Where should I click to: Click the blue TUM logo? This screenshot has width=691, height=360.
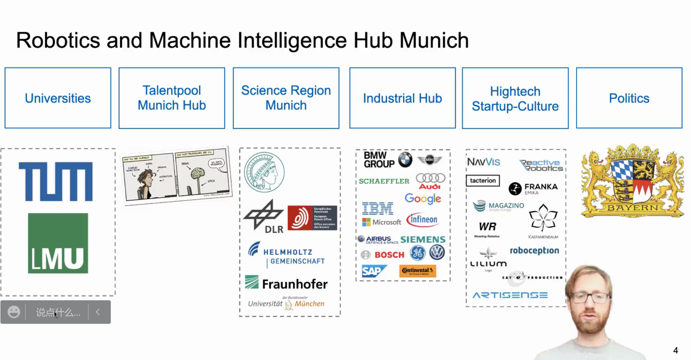(x=56, y=181)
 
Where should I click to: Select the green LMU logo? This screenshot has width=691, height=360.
(x=58, y=243)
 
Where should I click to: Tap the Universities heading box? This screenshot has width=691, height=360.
(x=58, y=98)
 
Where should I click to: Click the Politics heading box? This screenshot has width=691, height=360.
(x=629, y=98)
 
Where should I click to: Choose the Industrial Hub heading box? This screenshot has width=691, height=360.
(x=402, y=98)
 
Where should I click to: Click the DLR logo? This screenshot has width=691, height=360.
(x=264, y=216)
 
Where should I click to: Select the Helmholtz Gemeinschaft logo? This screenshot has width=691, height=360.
(x=287, y=256)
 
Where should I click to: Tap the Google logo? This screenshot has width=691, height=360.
(x=423, y=199)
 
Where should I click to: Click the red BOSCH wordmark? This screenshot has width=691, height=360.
(x=389, y=255)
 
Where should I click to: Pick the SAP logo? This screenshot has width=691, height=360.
(x=374, y=271)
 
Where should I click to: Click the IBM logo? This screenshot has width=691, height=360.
(x=378, y=208)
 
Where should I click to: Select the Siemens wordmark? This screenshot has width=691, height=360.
(x=423, y=240)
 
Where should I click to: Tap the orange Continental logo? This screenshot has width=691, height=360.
(x=417, y=271)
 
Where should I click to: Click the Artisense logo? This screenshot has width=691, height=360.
(x=510, y=295)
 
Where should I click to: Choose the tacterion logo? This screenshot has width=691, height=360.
(x=483, y=180)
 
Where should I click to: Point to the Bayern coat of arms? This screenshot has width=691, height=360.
(x=632, y=181)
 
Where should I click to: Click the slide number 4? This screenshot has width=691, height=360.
(x=675, y=351)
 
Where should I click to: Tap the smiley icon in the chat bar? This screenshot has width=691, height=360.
(x=14, y=312)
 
